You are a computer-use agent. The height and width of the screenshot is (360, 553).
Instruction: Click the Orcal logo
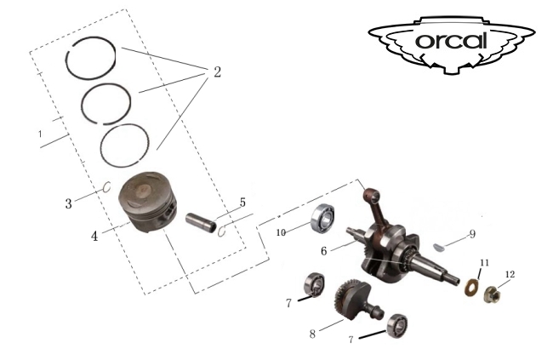(452, 44)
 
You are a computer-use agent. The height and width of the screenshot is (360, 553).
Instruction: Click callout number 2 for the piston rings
(217, 72)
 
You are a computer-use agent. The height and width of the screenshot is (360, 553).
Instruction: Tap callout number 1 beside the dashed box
(40, 134)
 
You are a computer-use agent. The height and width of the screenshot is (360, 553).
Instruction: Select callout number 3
(68, 203)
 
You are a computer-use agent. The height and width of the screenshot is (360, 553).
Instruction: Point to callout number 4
(94, 236)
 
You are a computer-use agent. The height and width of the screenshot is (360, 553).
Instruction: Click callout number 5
(242, 203)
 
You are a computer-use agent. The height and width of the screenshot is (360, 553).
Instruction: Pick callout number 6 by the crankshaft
(324, 251)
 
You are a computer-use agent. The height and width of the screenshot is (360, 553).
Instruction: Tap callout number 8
(312, 334)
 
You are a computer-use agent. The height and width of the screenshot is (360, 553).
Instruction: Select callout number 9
(472, 234)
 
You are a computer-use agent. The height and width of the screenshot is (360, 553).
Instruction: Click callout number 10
(281, 232)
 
